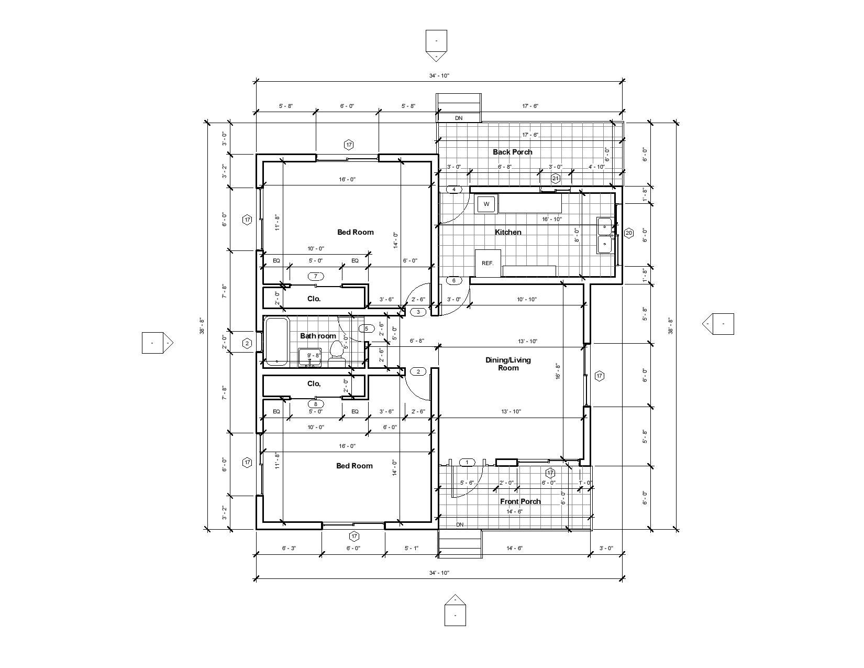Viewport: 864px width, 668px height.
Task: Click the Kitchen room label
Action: point(508,232)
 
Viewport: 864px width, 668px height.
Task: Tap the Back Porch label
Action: point(512,152)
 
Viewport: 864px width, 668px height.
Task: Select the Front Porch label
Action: point(520,501)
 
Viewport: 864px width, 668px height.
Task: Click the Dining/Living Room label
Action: point(508,364)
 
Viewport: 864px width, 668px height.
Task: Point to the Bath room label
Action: point(318,336)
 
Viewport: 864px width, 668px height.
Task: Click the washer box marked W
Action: point(486,204)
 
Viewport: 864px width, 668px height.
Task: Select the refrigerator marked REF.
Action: point(488,262)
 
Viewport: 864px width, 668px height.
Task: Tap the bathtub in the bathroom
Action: point(276,341)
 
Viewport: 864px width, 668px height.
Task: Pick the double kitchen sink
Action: point(606,236)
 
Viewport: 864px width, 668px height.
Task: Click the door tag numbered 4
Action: point(454,189)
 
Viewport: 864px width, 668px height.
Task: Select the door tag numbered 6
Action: point(454,280)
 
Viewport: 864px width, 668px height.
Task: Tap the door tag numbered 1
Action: point(467,462)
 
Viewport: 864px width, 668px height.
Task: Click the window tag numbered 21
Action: point(556,178)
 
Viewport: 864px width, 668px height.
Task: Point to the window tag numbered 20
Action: point(629,233)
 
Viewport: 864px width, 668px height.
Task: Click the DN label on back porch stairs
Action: point(459,118)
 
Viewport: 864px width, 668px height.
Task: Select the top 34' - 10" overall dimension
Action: point(439,75)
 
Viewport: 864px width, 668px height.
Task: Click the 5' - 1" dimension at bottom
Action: point(411,548)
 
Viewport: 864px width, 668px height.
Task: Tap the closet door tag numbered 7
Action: point(315,276)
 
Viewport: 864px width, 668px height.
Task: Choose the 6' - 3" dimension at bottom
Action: point(289,548)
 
